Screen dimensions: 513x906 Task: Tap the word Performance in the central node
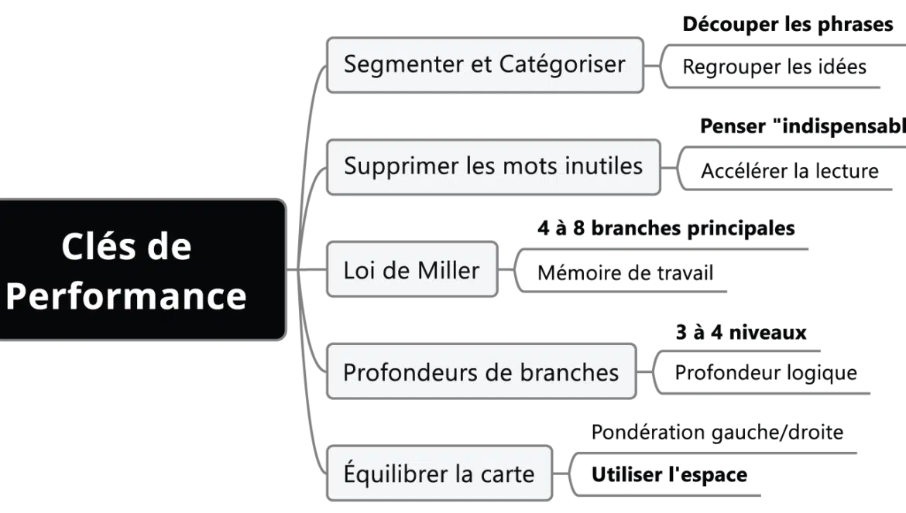[126, 296]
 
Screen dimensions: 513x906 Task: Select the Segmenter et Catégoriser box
[485, 63]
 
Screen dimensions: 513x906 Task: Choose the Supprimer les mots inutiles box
[493, 166]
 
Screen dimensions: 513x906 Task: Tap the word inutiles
[604, 166]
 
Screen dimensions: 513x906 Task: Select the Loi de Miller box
[411, 270]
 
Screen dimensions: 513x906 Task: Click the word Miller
[448, 270]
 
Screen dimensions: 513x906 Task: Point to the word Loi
[358, 270]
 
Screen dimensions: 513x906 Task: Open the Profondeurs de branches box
[481, 372]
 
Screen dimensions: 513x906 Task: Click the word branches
[571, 372]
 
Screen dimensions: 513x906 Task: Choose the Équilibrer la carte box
[439, 474]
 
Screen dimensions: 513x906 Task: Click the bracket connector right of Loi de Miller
[511, 270]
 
